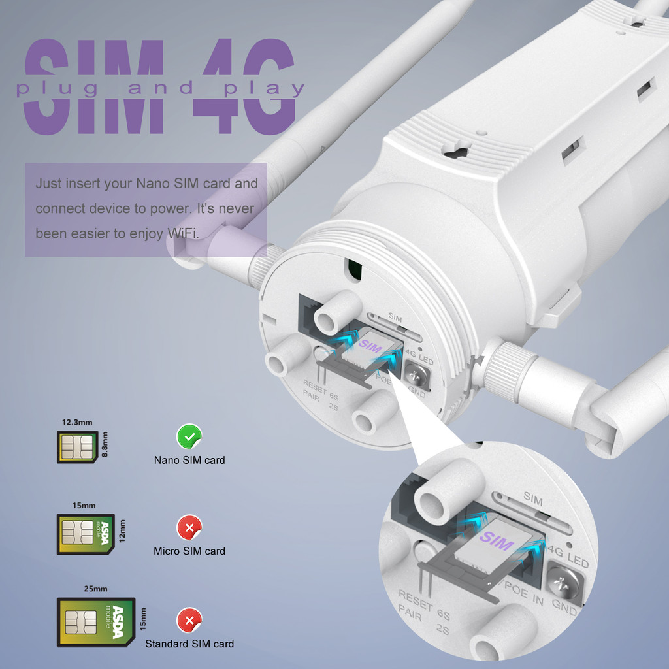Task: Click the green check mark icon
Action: (189, 436)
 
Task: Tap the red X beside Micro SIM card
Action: (189, 527)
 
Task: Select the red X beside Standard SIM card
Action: (189, 619)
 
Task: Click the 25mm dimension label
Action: (95, 589)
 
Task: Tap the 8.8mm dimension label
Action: (105, 444)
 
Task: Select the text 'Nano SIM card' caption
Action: (189, 460)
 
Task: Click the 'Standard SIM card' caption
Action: (189, 644)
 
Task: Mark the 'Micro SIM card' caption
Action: (189, 551)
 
